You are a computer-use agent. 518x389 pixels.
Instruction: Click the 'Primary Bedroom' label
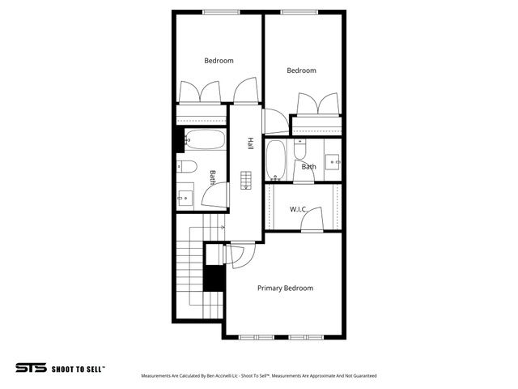285,288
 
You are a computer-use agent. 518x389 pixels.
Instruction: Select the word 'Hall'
251,143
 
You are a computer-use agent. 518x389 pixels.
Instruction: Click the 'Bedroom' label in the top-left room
219,61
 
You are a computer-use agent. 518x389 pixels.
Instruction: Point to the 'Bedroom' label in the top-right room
301,71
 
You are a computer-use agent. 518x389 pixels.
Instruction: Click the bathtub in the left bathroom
205,141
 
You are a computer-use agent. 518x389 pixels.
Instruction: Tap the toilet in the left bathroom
188,167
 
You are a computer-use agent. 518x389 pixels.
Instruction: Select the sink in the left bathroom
185,196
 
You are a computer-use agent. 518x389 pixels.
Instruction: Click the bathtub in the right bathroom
276,159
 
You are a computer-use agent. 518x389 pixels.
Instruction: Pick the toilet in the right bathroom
299,150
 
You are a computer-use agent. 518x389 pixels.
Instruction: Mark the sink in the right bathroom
332,160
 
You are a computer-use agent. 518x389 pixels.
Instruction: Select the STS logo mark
31,367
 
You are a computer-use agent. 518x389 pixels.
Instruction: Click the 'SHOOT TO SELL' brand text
79,368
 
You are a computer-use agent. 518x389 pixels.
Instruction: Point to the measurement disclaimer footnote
259,376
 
